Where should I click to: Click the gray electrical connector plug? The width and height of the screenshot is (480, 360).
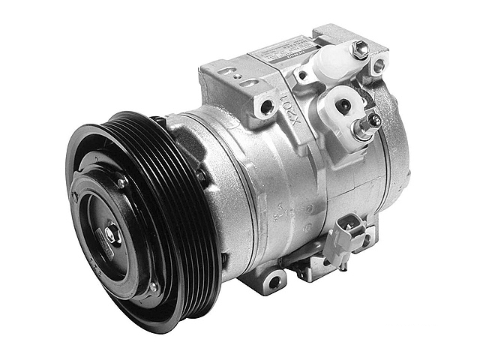(347, 229)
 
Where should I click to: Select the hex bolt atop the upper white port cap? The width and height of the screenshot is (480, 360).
(360, 49)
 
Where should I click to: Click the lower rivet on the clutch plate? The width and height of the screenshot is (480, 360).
(152, 286)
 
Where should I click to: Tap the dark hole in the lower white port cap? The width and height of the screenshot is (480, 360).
(343, 106)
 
